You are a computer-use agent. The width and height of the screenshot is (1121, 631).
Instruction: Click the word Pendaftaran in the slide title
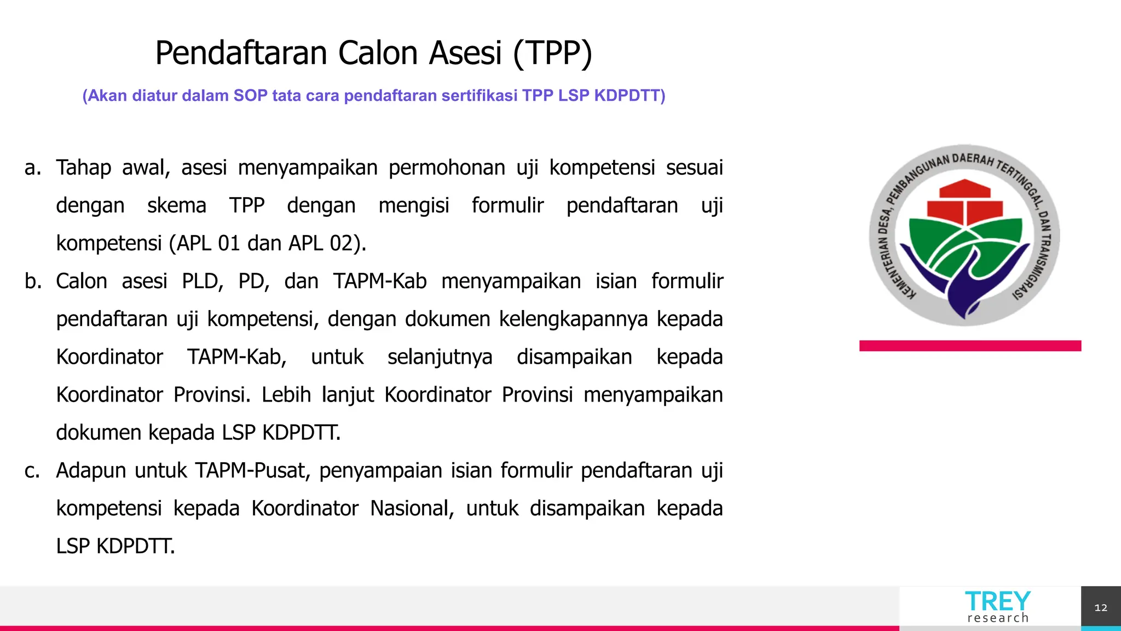[x=241, y=53]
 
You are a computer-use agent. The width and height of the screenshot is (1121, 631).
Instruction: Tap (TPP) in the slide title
[x=553, y=53]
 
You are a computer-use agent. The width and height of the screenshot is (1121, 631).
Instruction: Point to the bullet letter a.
[x=32, y=168]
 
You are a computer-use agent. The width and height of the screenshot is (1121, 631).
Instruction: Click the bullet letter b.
[x=33, y=282]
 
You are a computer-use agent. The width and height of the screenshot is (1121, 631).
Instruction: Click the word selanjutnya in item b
[x=440, y=357]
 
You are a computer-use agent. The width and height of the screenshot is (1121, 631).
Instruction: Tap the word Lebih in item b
[x=286, y=395]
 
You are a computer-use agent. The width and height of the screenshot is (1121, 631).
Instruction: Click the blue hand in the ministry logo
[x=963, y=285]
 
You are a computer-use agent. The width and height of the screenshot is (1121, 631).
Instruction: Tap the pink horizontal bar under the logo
[x=970, y=346]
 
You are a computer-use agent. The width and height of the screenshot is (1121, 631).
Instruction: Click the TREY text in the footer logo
[x=997, y=601]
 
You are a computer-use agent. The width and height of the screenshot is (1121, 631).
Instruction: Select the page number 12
[x=1101, y=608]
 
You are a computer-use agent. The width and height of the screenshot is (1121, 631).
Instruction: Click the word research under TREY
[x=998, y=618]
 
